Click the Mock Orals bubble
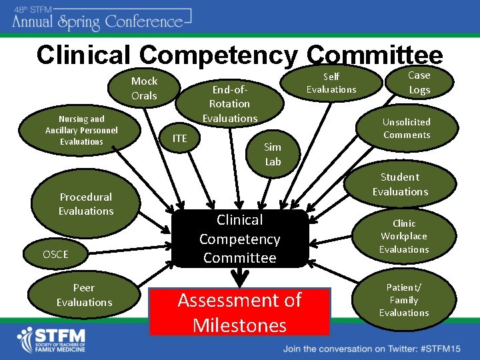[x=144, y=88]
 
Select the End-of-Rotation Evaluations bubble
[x=230, y=104]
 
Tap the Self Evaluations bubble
[x=331, y=83]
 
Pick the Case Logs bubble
[x=419, y=83]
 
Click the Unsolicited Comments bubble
[x=407, y=128]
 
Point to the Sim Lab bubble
[x=273, y=154]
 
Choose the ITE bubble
[x=180, y=138]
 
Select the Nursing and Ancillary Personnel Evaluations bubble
[x=81, y=130]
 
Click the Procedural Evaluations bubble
[x=86, y=204]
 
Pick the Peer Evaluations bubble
[x=83, y=295]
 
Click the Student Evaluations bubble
[x=400, y=184]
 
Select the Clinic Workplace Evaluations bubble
[x=404, y=236]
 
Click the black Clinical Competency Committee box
[x=240, y=239]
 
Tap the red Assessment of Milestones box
[x=240, y=312]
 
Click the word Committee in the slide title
[x=376, y=55]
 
